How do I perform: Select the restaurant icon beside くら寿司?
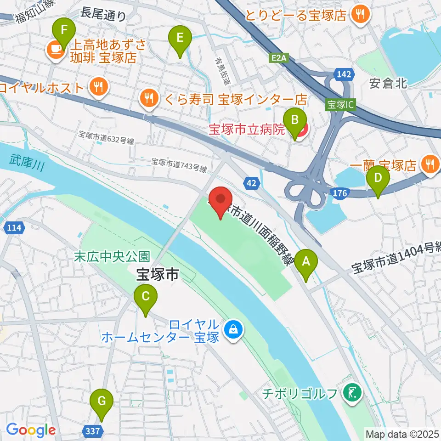tap(148, 97)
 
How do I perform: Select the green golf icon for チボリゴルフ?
tap(352, 393)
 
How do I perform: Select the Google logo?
tap(31, 430)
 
